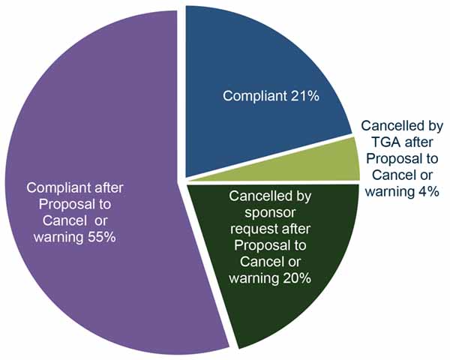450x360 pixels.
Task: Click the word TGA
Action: click(378, 142)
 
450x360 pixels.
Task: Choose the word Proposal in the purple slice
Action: click(58, 206)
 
